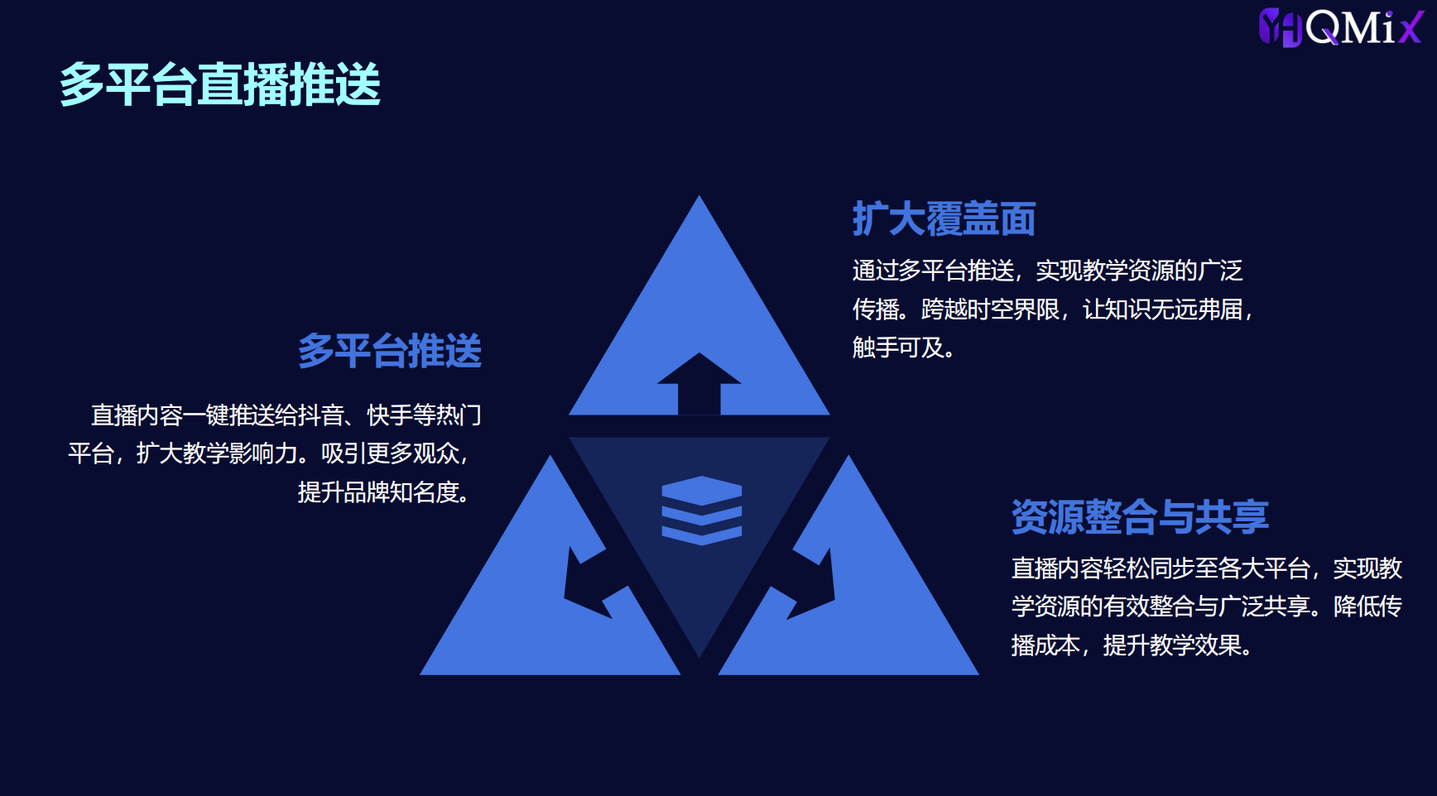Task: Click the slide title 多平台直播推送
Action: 219,84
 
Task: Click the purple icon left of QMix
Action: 1281,27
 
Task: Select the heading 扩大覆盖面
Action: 944,219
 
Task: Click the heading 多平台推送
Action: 390,351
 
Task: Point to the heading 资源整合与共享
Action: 1140,517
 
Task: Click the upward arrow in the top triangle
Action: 699,383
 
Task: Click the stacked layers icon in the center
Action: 702,511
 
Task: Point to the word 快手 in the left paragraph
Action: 390,415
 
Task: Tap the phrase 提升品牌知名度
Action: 378,492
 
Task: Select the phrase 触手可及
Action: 898,348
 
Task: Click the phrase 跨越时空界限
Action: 990,309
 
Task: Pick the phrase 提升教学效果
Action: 1172,645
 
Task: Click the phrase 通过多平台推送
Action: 933,271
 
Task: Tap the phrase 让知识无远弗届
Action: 1162,309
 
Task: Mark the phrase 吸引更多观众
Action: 390,453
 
